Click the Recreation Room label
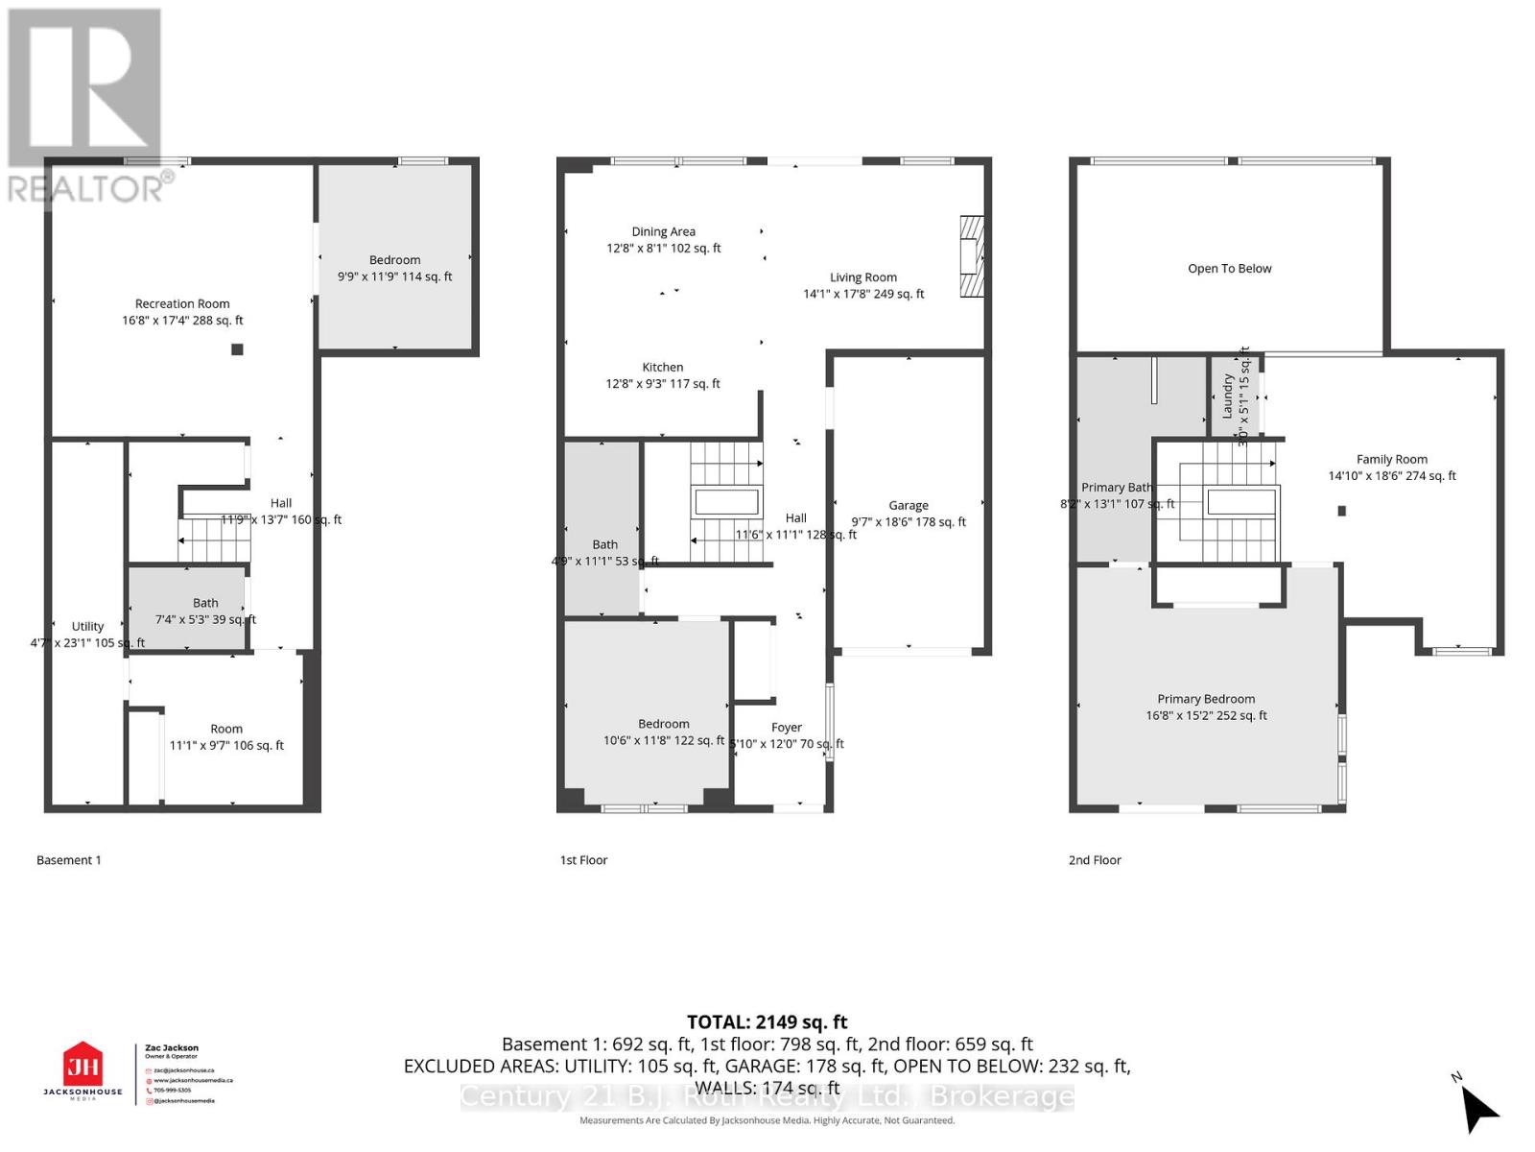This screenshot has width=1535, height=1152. [182, 303]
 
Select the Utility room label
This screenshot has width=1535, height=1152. [87, 626]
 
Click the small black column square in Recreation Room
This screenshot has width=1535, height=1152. [237, 349]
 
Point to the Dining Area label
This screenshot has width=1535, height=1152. [663, 231]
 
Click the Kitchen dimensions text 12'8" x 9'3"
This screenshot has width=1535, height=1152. [662, 384]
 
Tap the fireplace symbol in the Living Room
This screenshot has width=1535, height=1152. [972, 257]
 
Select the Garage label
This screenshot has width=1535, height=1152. [908, 505]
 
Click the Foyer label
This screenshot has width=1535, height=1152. [786, 728]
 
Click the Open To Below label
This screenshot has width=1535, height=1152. [1229, 269]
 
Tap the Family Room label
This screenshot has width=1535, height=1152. [1391, 459]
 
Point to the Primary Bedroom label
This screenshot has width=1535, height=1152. [1206, 699]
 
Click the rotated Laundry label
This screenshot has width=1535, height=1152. [1227, 396]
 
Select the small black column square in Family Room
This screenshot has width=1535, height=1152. [1341, 511]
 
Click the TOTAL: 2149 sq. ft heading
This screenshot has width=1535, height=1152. [767, 1022]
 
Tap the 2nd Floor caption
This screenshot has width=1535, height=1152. [1095, 860]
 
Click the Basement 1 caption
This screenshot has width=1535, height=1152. [68, 860]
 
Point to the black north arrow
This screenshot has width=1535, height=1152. [1480, 1111]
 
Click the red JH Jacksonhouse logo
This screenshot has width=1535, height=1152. [83, 1066]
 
